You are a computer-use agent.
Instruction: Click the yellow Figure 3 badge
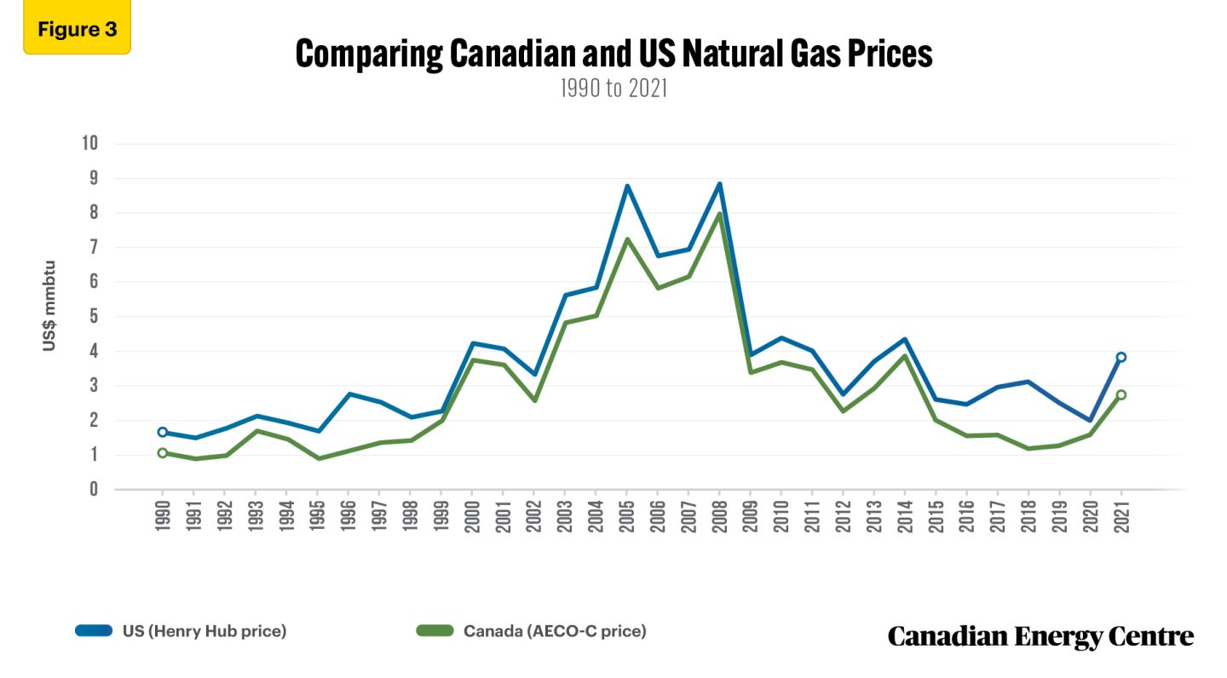[77, 30]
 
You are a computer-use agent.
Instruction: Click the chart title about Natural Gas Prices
[613, 55]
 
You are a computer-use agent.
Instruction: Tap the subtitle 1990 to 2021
[613, 89]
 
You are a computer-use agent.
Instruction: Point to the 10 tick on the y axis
[89, 144]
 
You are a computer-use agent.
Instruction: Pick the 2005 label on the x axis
[626, 514]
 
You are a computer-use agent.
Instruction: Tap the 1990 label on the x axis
[163, 514]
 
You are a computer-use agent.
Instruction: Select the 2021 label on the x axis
[1120, 514]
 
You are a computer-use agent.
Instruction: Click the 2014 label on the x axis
[904, 514]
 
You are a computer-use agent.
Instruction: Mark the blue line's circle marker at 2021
[1120, 357]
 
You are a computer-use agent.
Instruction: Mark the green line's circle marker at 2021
[1120, 394]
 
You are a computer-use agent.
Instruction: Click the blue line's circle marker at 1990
[163, 432]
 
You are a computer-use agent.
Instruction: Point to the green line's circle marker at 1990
[163, 453]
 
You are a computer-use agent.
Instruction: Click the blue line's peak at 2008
[719, 184]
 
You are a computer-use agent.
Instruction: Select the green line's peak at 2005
[626, 239]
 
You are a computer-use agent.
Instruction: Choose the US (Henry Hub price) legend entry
[181, 631]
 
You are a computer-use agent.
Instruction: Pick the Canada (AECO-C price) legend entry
[531, 631]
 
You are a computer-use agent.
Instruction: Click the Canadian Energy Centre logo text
[1040, 635]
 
